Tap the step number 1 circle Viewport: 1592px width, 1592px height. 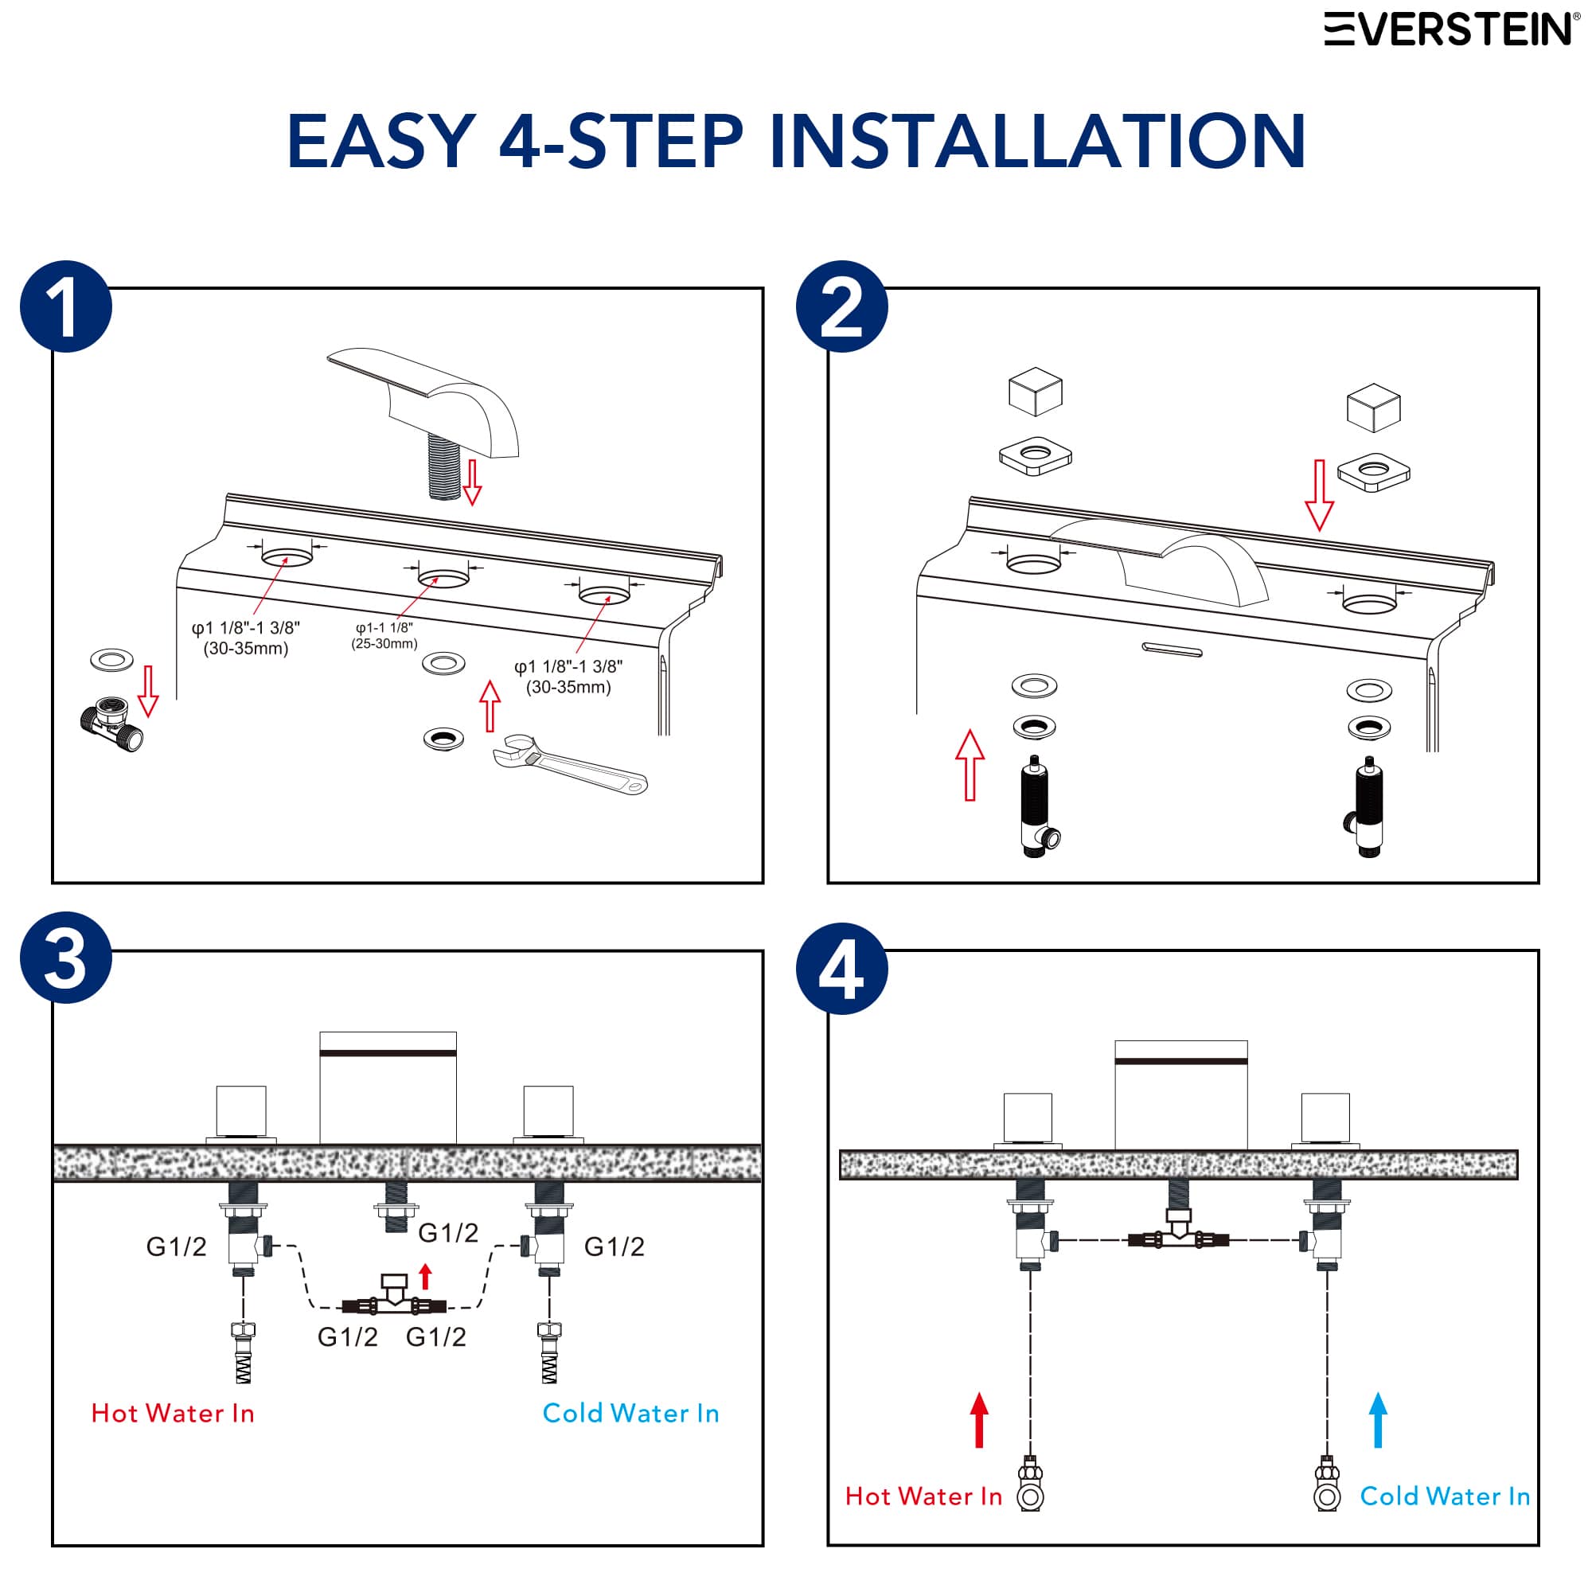[66, 306]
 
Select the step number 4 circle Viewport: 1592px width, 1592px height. [841, 969]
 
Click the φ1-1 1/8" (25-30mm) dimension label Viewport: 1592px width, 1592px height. [384, 635]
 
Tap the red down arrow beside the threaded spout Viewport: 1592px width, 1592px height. [472, 482]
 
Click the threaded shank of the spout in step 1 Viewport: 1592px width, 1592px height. [444, 469]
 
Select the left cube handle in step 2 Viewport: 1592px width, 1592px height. [1035, 392]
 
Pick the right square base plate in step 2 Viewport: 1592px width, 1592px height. [1373, 473]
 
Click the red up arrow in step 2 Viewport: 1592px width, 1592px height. [970, 765]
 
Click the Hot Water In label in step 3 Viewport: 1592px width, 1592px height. [173, 1413]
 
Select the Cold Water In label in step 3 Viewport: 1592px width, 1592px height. [630, 1413]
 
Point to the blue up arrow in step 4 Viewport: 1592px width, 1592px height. [1378, 1420]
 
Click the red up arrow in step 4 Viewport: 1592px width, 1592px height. [979, 1420]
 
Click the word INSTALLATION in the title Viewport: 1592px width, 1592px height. [1036, 142]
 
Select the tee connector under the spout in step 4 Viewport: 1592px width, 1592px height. [1178, 1236]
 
